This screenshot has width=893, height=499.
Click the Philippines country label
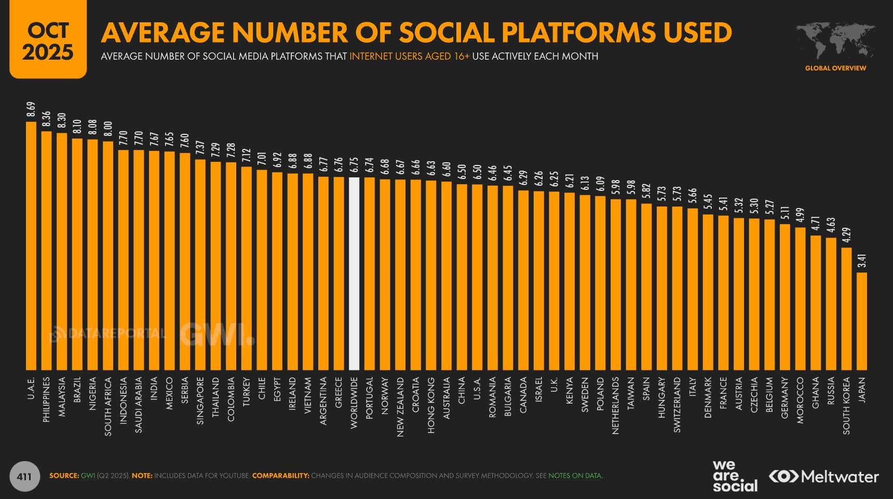47,399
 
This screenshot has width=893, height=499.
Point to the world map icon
835,40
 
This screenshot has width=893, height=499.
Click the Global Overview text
835,68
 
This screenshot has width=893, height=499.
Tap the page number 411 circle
24,476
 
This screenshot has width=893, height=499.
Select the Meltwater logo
824,476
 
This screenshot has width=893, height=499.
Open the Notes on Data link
575,476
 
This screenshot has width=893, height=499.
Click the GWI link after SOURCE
88,476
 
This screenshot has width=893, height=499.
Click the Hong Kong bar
431,275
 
